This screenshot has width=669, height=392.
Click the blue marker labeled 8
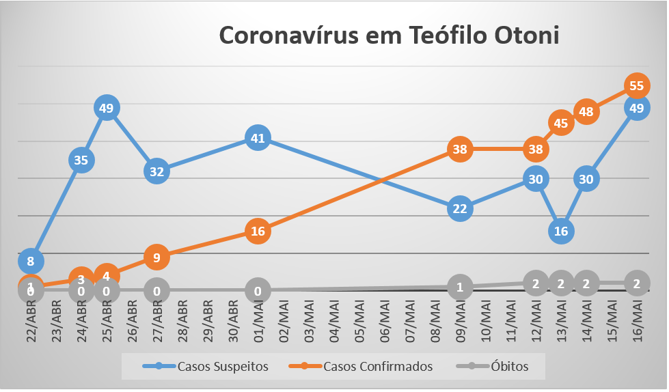tap(31, 260)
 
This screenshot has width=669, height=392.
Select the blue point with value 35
tap(81, 160)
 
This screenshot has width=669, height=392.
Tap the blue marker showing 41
tap(258, 138)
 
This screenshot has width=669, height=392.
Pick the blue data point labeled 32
tap(157, 171)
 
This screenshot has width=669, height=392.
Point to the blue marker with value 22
tap(460, 208)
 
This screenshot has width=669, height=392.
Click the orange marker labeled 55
tap(637, 85)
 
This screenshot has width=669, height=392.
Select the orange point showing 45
tap(561, 124)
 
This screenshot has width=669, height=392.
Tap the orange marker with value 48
tap(586, 111)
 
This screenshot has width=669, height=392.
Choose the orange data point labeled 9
tap(157, 257)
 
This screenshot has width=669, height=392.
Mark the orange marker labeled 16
tap(258, 232)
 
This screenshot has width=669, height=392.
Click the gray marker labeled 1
tap(460, 287)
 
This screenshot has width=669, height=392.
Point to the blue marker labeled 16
tap(561, 231)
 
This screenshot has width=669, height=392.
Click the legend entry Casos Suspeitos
tap(206, 367)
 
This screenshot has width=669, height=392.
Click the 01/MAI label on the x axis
tap(258, 322)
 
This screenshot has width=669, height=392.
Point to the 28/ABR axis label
tap(182, 322)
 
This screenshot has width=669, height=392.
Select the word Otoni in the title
tap(526, 36)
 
